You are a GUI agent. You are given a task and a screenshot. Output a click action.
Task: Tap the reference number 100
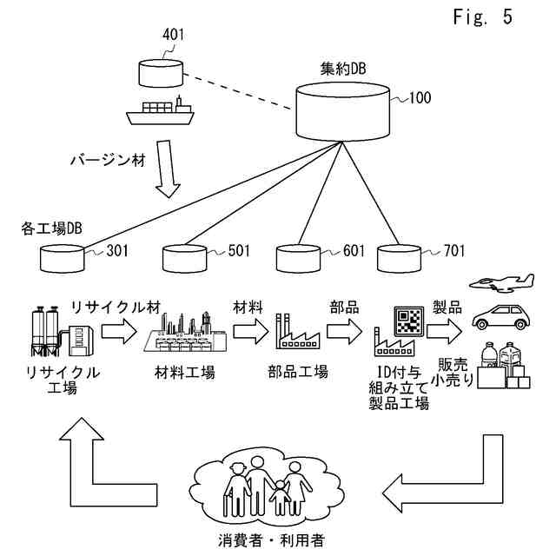click(x=420, y=97)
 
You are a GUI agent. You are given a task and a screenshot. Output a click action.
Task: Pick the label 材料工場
click(x=185, y=373)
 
